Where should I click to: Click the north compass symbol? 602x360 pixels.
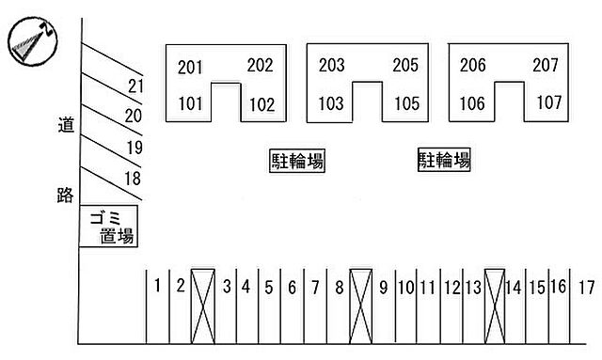pos(33,41)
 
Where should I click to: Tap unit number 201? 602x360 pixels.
pos(190,68)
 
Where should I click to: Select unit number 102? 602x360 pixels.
pos(262,104)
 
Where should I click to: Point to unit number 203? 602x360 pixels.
pos(331,65)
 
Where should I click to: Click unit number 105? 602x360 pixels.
pos(407,103)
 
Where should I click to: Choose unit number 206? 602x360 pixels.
pos(472,65)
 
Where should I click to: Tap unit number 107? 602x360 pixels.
pos(549,102)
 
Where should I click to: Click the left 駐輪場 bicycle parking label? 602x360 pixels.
pos(297,161)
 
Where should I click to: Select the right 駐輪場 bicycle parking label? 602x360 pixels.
pos(444,160)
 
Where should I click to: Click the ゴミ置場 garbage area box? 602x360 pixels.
pos(108,226)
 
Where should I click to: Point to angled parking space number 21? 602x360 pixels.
pos(135,86)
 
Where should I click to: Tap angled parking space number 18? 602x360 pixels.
pos(133,179)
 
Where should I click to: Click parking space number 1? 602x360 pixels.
pos(157,286)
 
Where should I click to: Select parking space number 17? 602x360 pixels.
pos(587,288)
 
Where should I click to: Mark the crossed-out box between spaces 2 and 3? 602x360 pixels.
pos(203,306)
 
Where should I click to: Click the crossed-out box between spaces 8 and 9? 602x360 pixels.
pos(361,306)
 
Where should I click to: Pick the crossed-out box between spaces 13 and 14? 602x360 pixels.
pos(495,306)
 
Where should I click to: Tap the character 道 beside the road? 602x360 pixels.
pos(66,125)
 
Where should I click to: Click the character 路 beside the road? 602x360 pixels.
pos(65,195)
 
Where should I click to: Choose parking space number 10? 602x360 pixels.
pos(406,288)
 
